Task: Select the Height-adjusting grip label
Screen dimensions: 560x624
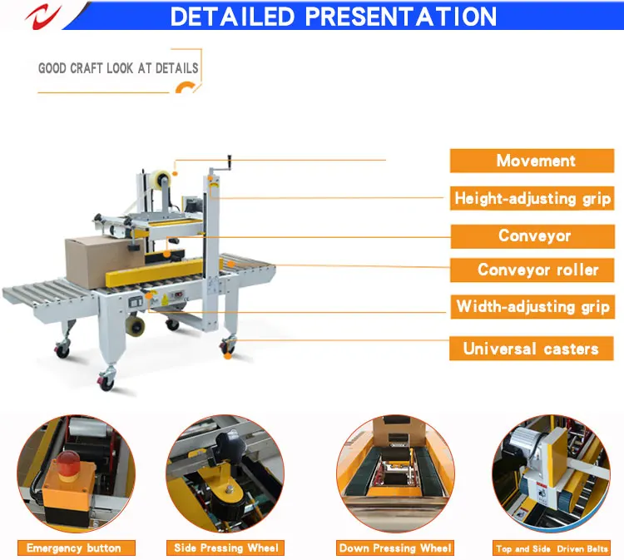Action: tap(532, 198)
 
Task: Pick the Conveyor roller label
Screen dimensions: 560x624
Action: tap(537, 270)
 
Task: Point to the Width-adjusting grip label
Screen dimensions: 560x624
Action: tap(533, 306)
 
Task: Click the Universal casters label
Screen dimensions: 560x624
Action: tap(531, 348)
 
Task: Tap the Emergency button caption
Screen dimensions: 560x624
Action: tap(73, 548)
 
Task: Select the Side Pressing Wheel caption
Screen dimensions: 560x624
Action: tap(225, 548)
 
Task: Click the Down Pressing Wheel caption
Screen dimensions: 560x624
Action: tap(395, 548)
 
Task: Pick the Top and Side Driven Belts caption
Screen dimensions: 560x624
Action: tap(552, 548)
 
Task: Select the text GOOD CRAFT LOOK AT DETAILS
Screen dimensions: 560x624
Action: tap(118, 67)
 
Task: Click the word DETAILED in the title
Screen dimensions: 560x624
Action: tap(235, 16)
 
